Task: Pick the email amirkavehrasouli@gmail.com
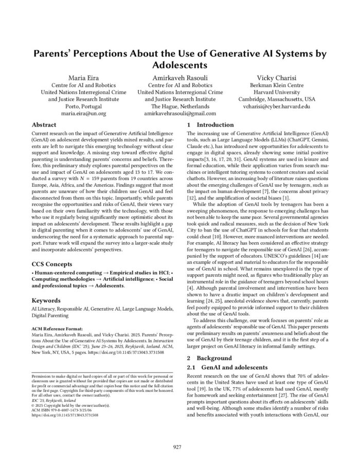[x=179, y=113]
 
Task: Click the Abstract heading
[x=44, y=125]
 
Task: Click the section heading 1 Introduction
[x=211, y=125]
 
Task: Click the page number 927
[x=179, y=447]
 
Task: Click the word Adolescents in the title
[x=179, y=66]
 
